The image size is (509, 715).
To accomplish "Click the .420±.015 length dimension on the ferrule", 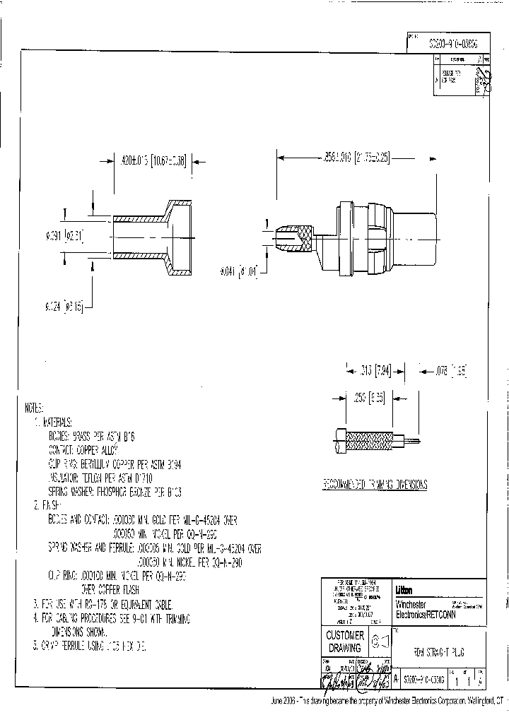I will (150, 160).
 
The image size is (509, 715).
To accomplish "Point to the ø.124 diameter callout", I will (64, 306).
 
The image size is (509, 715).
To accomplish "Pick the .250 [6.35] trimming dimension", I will (369, 398).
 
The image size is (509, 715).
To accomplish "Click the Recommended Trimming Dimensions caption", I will (375, 485).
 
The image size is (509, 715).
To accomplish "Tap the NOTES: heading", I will (33, 408).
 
